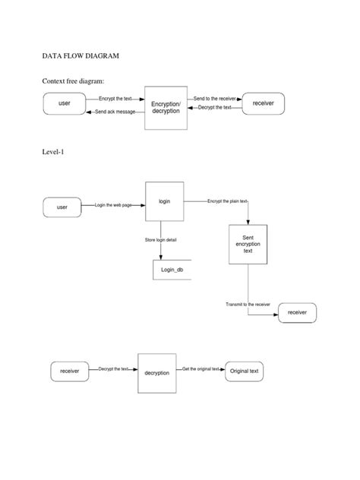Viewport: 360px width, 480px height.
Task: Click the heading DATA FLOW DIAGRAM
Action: pyautogui.click(x=81, y=56)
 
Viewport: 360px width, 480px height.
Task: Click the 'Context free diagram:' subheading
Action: pyautogui.click(x=77, y=81)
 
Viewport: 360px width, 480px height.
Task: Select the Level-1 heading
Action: pyautogui.click(x=55, y=152)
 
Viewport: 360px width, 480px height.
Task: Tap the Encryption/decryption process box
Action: pyautogui.click(x=166, y=106)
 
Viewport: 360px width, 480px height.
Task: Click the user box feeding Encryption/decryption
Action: pyautogui.click(x=65, y=103)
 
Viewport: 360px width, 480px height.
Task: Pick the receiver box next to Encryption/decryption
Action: pyautogui.click(x=263, y=103)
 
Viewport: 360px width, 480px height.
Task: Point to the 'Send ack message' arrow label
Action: pyautogui.click(x=115, y=112)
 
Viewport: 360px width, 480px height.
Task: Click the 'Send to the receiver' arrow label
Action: pyautogui.click(x=214, y=99)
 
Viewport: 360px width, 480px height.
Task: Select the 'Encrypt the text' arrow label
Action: pyautogui.click(x=115, y=99)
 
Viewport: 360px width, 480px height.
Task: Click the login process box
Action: pyautogui.click(x=164, y=201)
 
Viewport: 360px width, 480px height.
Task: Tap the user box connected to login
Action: pyautogui.click(x=62, y=207)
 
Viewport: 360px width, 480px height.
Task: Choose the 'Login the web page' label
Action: pyautogui.click(x=115, y=205)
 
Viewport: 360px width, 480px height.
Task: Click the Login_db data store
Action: pyautogui.click(x=172, y=269)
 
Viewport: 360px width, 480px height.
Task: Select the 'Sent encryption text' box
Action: pyautogui.click(x=248, y=244)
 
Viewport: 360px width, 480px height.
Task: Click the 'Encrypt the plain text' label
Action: pyautogui.click(x=227, y=201)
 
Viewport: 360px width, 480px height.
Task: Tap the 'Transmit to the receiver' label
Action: pyautogui.click(x=248, y=305)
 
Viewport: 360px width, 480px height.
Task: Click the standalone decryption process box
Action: pyautogui.click(x=156, y=373)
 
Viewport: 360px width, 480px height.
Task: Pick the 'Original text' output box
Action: pyautogui.click(x=245, y=371)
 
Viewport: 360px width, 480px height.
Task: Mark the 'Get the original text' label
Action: pyautogui.click(x=201, y=369)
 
